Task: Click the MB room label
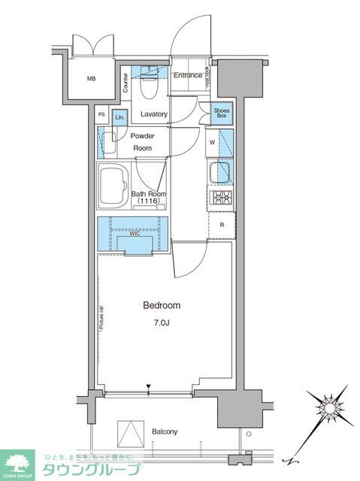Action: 91,78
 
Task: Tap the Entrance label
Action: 188,75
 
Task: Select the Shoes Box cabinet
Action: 221,113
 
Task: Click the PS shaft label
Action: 102,115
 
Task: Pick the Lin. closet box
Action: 119,116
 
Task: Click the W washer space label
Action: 213,142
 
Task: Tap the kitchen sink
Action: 222,171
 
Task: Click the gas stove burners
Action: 222,198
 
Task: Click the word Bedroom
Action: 162,305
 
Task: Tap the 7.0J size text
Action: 162,324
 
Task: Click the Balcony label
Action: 164,431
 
